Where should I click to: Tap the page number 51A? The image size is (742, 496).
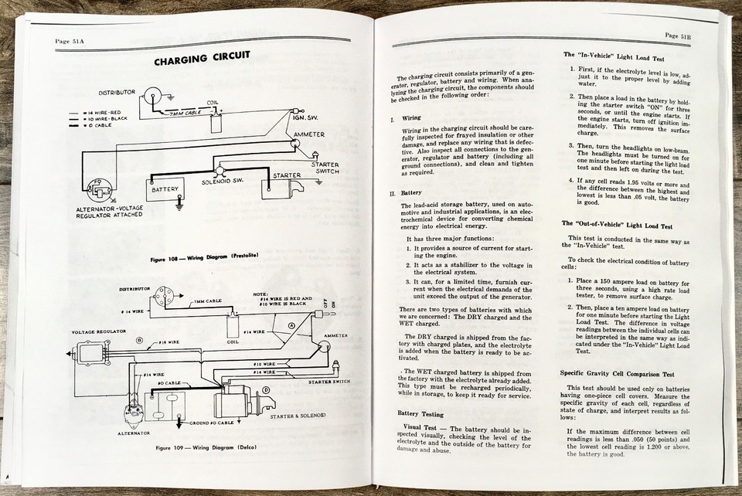pos(70,40)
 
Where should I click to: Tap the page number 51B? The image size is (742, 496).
pos(677,36)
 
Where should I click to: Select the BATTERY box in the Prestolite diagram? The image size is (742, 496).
pos(165,189)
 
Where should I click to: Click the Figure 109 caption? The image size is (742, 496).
pos(205,447)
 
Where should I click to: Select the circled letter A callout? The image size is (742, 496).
pos(291,326)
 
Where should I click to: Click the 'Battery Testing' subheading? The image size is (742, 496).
pos(420,413)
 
